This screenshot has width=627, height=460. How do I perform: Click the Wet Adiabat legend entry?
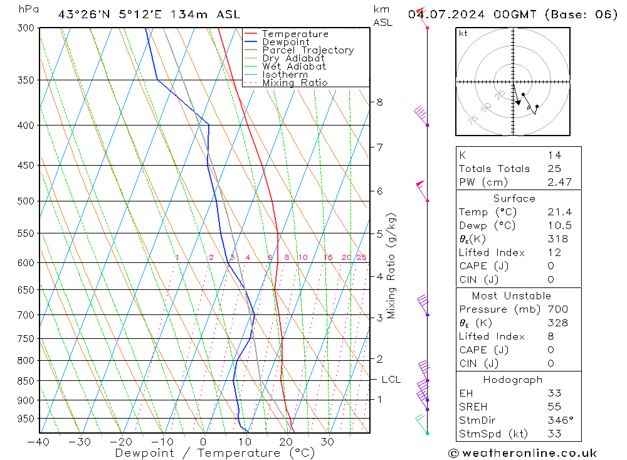coord(294,67)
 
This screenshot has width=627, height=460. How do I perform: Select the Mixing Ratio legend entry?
coord(295,83)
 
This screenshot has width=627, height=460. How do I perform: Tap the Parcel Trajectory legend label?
coord(308,50)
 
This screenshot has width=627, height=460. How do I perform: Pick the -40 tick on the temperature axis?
coord(39,441)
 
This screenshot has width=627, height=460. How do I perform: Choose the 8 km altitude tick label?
coord(379,102)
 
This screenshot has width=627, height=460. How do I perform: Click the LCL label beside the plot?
coord(391,380)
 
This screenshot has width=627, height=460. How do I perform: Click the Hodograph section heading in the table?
coord(514,380)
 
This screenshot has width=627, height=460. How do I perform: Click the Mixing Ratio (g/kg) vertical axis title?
coord(391,266)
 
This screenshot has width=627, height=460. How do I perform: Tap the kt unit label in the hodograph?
coord(463,33)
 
